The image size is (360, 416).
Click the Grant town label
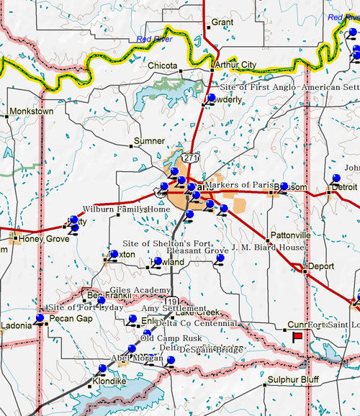click(222, 22)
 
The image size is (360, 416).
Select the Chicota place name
click(163, 65)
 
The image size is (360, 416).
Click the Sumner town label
click(150, 141)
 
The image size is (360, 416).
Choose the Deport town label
click(321, 266)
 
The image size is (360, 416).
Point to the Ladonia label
click(16, 325)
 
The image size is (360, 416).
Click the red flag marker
click(297, 335)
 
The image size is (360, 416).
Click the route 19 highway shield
click(171, 300)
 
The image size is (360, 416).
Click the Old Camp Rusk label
click(171, 338)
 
